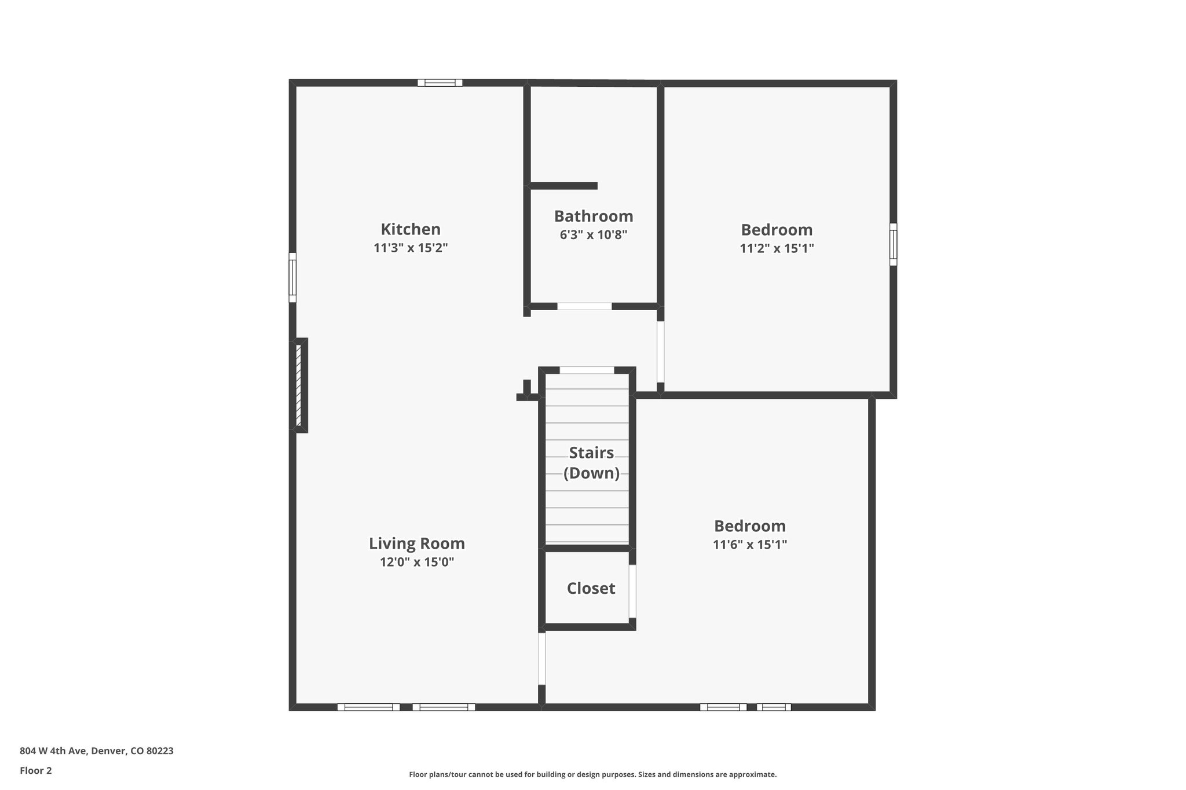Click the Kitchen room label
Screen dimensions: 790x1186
coord(411,229)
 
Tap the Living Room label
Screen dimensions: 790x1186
coord(417,543)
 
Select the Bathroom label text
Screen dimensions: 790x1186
coord(594,216)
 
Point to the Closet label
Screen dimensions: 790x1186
coord(591,588)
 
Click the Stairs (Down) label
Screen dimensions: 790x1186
coord(591,462)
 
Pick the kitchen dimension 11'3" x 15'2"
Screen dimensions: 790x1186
coord(411,248)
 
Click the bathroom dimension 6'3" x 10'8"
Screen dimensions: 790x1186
coord(594,235)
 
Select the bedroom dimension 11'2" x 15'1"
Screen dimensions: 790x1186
coord(777,249)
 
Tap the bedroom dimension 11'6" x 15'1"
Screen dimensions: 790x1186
coord(749,545)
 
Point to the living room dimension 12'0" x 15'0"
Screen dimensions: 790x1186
coord(417,562)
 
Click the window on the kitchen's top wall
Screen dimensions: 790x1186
coord(440,83)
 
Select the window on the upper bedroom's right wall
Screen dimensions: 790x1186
coord(893,244)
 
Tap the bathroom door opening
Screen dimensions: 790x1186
coord(584,306)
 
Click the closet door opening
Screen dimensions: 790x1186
coord(632,591)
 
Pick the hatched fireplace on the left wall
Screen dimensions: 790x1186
coord(299,385)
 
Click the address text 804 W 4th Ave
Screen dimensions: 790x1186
coord(97,751)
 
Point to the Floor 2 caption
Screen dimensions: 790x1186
coord(36,770)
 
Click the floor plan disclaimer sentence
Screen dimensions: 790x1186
coord(592,774)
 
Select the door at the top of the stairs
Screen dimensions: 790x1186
coord(587,370)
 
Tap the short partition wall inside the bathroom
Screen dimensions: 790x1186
coord(563,186)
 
